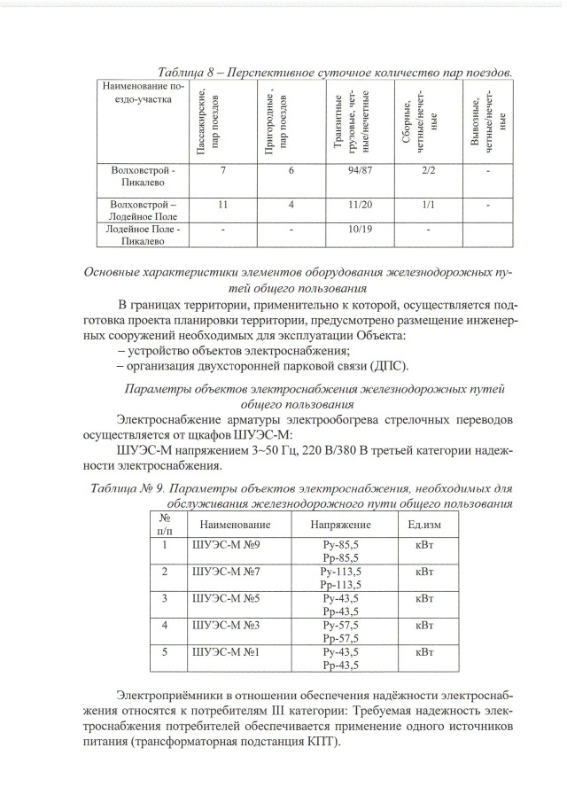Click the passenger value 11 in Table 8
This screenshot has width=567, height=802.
tap(223, 205)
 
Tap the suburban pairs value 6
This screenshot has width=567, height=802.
tap(291, 169)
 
